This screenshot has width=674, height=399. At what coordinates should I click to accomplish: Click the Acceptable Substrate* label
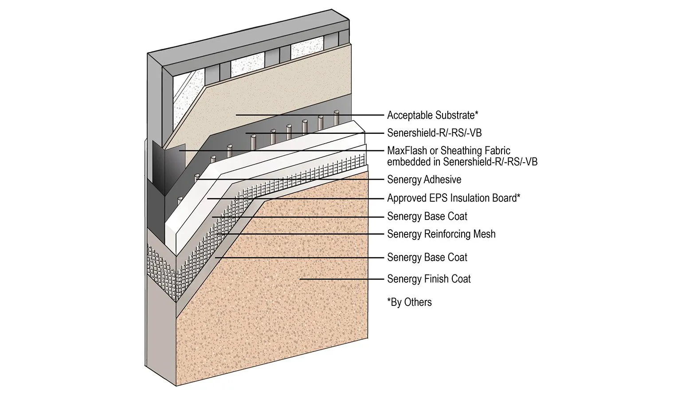432,115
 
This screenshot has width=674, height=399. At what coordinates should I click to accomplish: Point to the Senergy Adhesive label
424,180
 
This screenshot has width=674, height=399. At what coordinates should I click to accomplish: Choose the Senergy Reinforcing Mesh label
441,234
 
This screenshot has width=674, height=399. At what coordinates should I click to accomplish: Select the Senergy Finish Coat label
429,279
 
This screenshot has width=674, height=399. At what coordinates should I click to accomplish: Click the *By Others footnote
409,302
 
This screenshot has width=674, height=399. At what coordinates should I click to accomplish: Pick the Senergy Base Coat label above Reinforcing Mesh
427,216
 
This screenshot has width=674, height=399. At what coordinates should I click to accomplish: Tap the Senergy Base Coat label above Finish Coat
427,258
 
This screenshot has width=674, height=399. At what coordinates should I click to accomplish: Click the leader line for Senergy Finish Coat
341,279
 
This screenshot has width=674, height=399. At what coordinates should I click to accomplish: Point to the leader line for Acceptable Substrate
310,115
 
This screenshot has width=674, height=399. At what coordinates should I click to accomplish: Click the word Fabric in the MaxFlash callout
496,151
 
